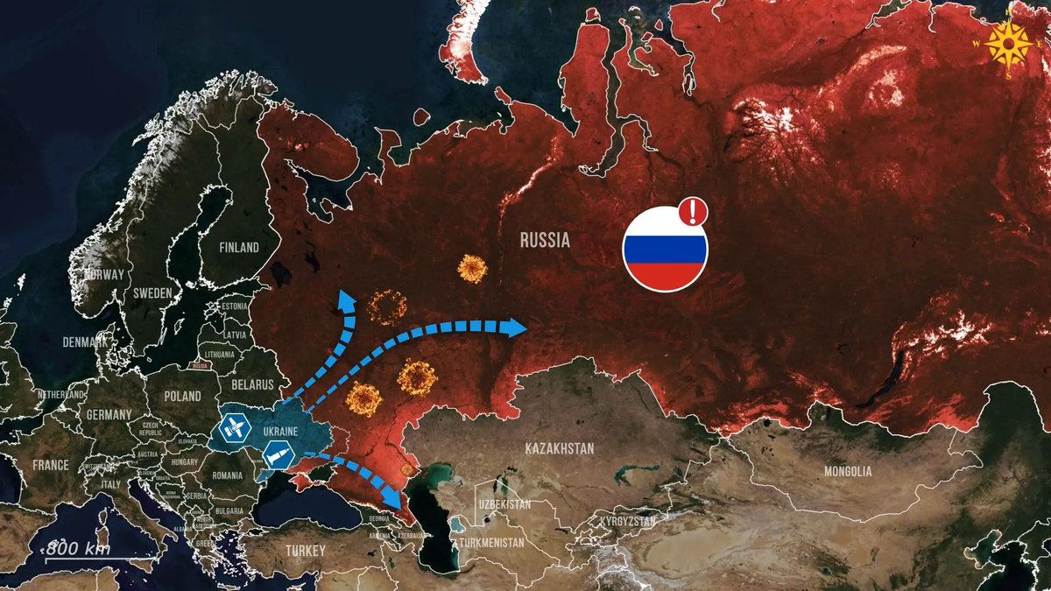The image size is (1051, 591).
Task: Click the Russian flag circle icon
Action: [x=665, y=250]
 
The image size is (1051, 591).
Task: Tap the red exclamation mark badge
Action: [x=693, y=211]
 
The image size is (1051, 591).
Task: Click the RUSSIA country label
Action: [x=545, y=239]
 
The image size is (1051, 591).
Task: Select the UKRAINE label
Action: [x=280, y=431]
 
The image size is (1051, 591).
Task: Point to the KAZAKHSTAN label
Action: [x=560, y=448]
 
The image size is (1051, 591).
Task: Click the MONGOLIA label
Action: [x=847, y=471]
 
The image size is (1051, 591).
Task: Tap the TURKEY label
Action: [x=304, y=551]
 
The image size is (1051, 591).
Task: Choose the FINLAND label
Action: [x=239, y=247]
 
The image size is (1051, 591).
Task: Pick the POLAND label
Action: [x=181, y=396]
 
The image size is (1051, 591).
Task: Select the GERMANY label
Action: [x=109, y=414]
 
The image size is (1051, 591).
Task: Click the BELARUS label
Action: [x=252, y=384]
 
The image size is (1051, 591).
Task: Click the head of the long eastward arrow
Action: [x=514, y=327]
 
